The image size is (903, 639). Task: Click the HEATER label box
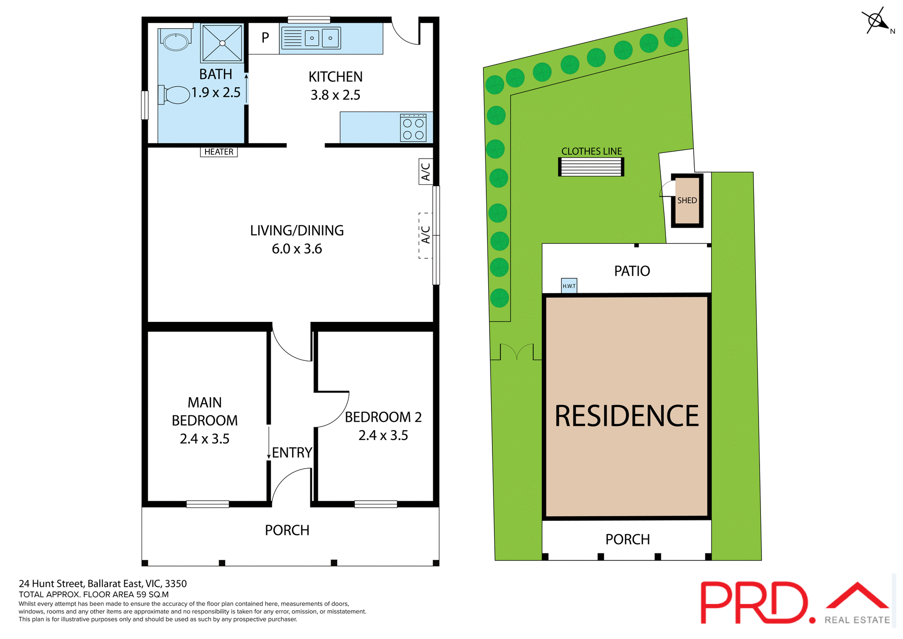(219, 152)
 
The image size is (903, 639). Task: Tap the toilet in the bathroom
(175, 95)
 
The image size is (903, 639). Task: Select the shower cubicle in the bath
(222, 43)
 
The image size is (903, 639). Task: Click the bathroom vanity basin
(175, 41)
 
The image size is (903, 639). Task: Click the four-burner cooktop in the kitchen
(413, 128)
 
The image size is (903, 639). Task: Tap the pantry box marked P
(265, 38)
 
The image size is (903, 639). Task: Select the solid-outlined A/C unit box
(426, 171)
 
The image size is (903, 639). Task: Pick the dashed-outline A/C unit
(426, 235)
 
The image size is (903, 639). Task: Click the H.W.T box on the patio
(569, 286)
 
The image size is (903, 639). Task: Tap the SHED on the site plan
(687, 200)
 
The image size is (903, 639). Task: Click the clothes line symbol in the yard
(591, 167)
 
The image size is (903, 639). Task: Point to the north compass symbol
(876, 21)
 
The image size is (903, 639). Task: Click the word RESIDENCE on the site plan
(626, 416)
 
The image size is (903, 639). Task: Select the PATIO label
(632, 271)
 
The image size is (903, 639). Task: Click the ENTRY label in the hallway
(292, 453)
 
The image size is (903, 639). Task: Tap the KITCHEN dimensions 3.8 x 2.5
(335, 95)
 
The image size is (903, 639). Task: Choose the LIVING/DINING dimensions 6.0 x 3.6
(297, 249)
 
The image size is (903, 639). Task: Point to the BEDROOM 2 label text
(383, 417)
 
